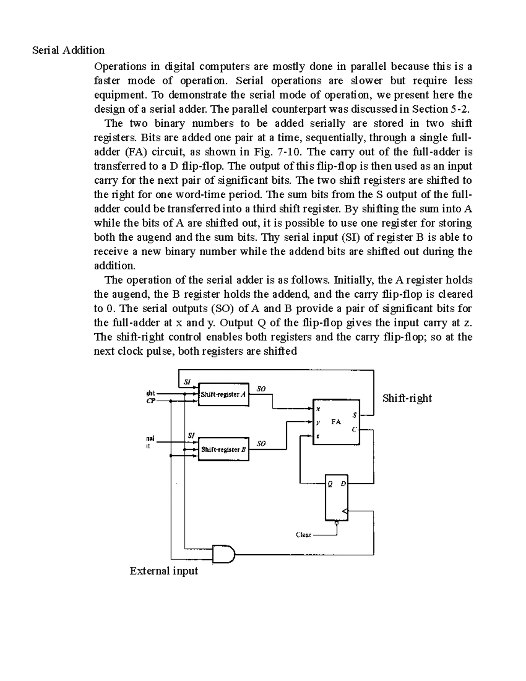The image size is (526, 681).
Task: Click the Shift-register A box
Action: pos(224,394)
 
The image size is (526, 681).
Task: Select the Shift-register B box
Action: pos(224,449)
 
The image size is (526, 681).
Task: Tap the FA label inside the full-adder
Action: pos(336,422)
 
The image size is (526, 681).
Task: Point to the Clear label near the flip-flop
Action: pos(303,535)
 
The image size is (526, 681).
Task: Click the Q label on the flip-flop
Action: pos(330,484)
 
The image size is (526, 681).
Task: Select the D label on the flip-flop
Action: pos(343,484)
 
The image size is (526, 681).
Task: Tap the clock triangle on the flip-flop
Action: pos(345,511)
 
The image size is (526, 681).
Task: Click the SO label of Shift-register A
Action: pos(261,389)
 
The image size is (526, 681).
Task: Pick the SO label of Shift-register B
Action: pos(261,443)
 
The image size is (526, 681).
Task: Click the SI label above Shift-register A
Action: pos(187,382)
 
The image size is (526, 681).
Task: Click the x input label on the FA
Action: pos(318,409)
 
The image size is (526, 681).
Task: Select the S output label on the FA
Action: pos(354,415)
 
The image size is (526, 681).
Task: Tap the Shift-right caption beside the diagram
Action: pos(407,398)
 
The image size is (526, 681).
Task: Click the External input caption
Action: pos(163,571)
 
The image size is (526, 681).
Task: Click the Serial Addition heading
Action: pos(68,50)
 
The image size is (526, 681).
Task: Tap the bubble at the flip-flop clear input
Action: pos(336,523)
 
